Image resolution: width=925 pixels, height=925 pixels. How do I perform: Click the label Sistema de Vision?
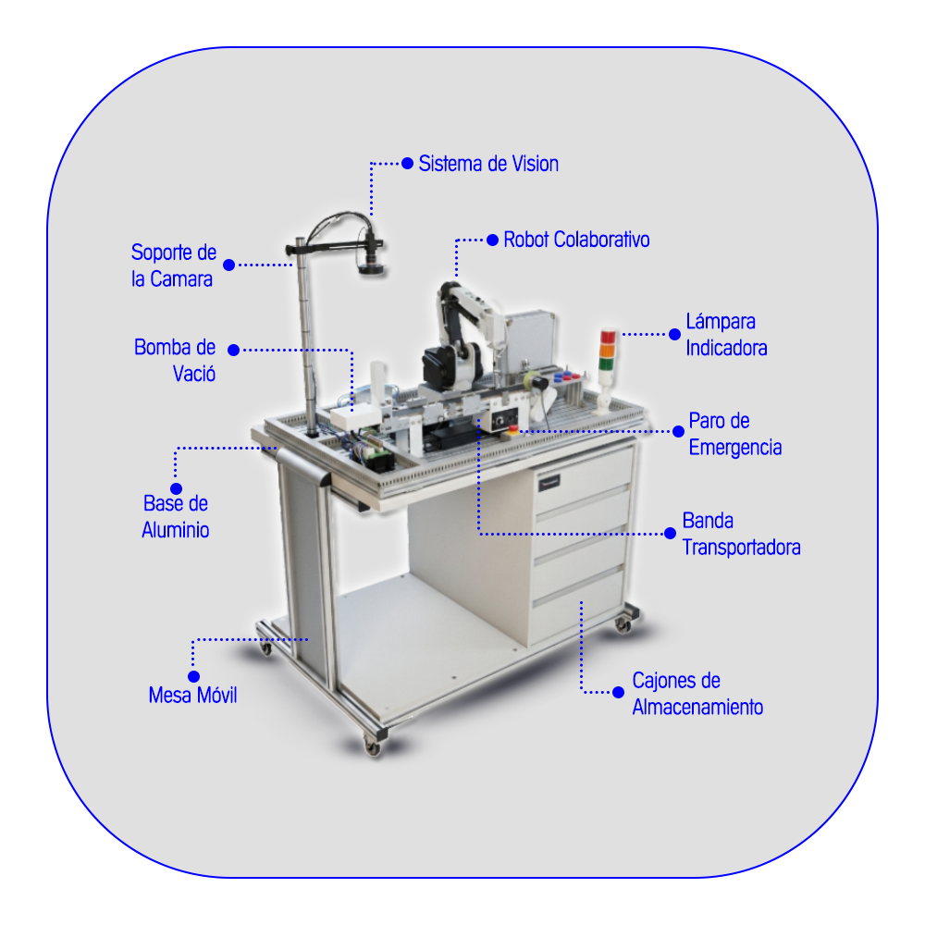[488, 164]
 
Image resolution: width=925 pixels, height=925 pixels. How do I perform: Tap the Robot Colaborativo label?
[576, 240]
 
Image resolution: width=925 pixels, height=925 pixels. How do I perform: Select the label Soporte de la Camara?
[174, 265]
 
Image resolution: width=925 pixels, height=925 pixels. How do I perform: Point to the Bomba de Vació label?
[175, 361]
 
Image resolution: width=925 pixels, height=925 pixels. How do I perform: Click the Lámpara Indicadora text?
[726, 335]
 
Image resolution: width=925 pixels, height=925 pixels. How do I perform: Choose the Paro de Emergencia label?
[735, 434]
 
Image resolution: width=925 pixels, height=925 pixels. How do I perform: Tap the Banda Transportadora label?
[741, 534]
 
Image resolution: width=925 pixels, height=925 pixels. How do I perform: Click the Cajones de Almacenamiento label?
[697, 694]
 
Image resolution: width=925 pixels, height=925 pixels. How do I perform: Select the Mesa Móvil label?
[192, 695]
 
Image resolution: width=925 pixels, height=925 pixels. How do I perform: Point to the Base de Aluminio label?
[175, 517]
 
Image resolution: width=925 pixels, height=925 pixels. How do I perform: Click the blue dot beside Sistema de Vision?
[407, 164]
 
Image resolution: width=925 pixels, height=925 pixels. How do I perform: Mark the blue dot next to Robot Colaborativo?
[493, 240]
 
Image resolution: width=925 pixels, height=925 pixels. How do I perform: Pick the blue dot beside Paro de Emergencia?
[678, 431]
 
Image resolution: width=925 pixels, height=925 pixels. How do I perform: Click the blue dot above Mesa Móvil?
[193, 676]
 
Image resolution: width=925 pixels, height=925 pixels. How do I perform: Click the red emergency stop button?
[513, 427]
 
